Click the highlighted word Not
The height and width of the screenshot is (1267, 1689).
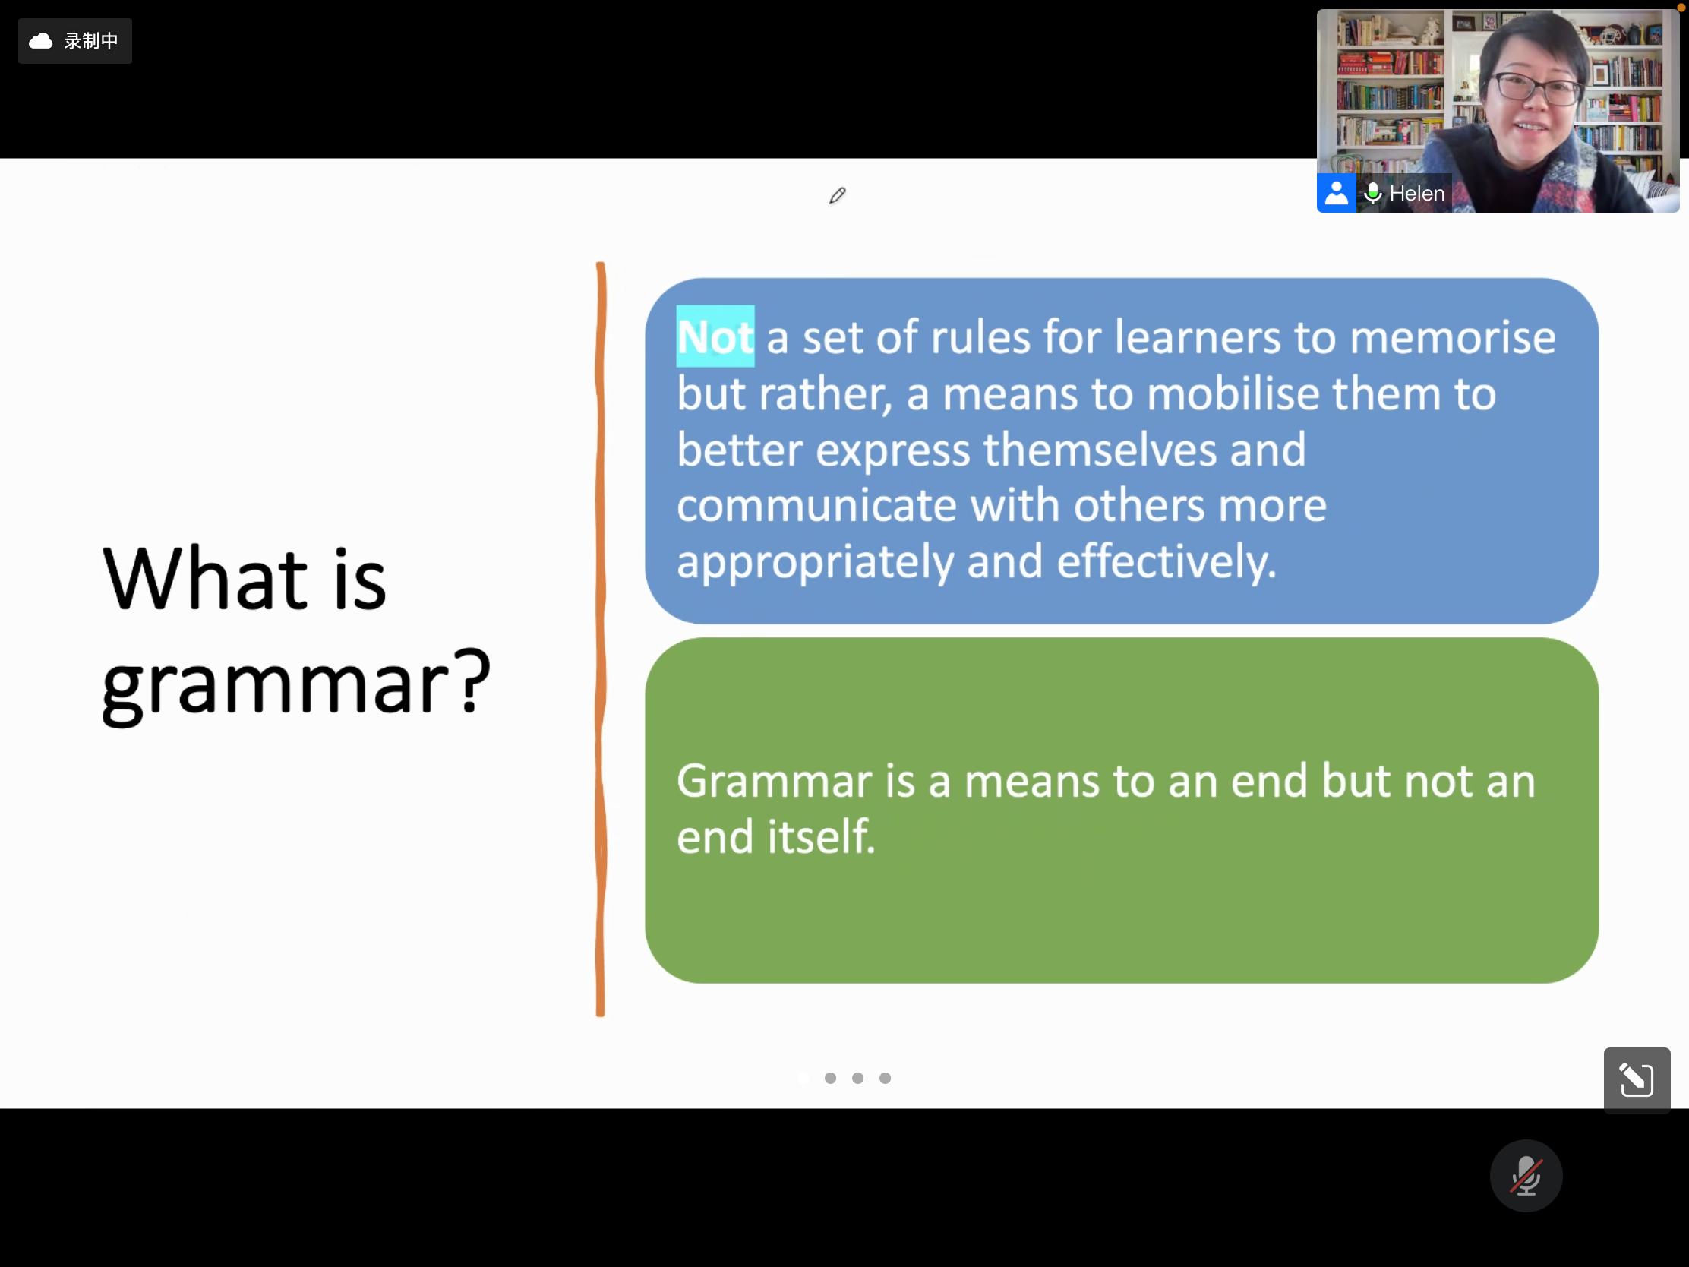(x=715, y=336)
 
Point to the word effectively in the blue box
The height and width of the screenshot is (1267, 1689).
(x=1166, y=561)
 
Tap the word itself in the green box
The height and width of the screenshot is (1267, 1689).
(x=822, y=836)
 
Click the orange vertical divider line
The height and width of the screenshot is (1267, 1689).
(x=601, y=640)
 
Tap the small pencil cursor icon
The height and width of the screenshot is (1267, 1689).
(x=837, y=196)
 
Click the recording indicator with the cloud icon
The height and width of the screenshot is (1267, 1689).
(x=75, y=41)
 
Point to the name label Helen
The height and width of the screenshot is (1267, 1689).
(x=1416, y=193)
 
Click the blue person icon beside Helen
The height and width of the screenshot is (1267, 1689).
(x=1336, y=192)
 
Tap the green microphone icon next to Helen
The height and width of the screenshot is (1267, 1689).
(x=1373, y=193)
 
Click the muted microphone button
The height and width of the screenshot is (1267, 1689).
(x=1526, y=1175)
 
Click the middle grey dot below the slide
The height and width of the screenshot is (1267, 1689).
(x=857, y=1078)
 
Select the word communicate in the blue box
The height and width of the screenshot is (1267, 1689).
(x=816, y=506)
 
